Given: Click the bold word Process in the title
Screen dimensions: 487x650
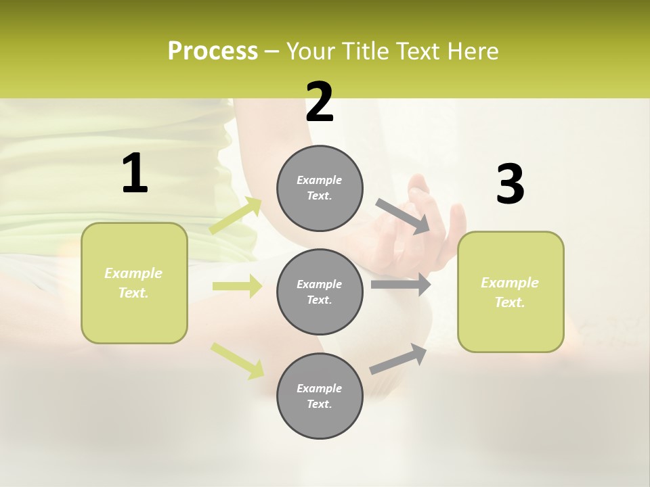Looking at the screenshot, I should pos(213,51).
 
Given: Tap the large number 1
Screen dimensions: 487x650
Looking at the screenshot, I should pos(135,174).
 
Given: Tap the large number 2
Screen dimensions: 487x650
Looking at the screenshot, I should pos(320,102).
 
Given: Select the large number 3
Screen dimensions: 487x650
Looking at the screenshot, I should pos(510,185).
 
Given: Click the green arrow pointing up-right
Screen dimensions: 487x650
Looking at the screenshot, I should pos(236,216).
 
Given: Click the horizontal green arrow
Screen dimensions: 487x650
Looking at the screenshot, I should pos(237,286).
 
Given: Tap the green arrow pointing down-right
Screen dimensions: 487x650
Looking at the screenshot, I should pos(237,361).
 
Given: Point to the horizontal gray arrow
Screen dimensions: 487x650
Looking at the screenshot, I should pos(401,285).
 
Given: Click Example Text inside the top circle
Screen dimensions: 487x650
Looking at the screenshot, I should pos(320,188).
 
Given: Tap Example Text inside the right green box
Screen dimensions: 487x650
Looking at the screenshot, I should pos(510,292).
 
